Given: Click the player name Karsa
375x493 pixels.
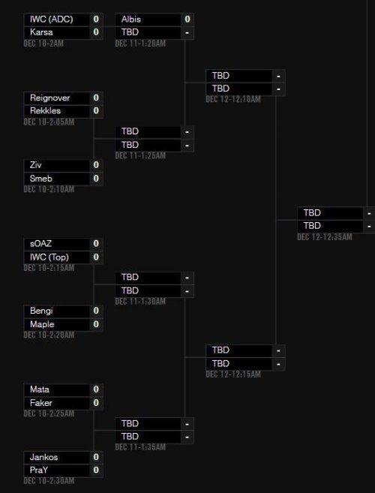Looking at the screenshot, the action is tap(41, 32).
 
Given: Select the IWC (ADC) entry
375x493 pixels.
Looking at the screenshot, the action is tap(51, 20).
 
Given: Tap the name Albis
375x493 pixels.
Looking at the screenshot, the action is tap(131, 20).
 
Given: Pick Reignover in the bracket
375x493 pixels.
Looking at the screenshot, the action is tap(49, 98).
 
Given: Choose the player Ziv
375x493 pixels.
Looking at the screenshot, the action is tap(35, 165).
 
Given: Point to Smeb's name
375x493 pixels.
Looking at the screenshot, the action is tap(40, 179).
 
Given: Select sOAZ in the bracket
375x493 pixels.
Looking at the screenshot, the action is tap(40, 244).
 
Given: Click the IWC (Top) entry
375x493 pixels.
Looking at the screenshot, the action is tap(49, 257).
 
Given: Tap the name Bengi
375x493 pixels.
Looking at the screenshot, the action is tap(41, 311).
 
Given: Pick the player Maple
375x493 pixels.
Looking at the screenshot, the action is tap(42, 324).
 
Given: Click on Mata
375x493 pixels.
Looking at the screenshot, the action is tap(39, 389).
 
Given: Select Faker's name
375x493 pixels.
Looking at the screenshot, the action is tap(40, 403).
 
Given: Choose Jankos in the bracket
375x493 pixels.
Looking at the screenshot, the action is tap(43, 457).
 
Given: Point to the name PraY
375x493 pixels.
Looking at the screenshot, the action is tap(39, 470).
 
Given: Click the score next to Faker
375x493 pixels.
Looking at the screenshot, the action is tap(96, 403).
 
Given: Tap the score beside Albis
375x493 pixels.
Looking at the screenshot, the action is tap(187, 20).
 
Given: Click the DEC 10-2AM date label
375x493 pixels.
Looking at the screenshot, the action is tap(43, 44).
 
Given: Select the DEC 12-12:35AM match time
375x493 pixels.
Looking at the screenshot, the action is tap(325, 237).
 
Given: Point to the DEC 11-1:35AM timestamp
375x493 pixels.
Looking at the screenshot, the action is tap(140, 446).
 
